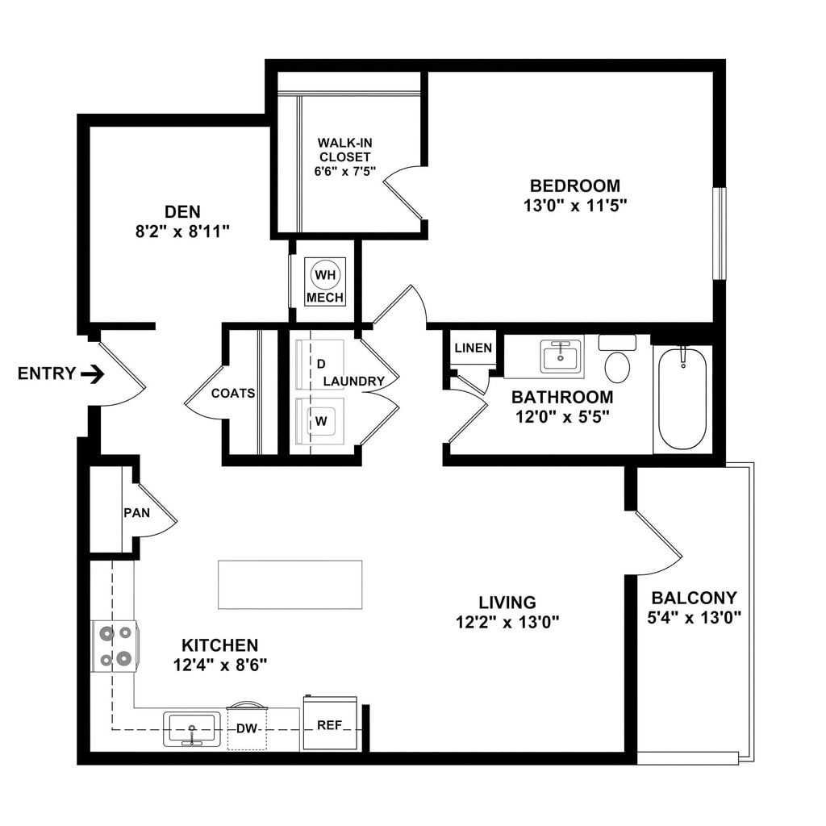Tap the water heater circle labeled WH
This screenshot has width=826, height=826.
pyautogui.click(x=325, y=275)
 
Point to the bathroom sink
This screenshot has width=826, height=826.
pyautogui.click(x=561, y=356)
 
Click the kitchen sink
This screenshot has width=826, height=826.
pyautogui.click(x=192, y=728)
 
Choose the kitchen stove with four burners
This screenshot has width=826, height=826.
pyautogui.click(x=115, y=646)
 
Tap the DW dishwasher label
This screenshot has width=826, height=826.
pyautogui.click(x=247, y=728)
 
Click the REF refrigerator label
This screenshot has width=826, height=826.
pyautogui.click(x=329, y=724)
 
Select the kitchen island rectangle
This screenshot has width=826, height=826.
pyautogui.click(x=290, y=584)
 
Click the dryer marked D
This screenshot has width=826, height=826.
pyautogui.click(x=319, y=365)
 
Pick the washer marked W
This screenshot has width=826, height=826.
pyautogui.click(x=319, y=420)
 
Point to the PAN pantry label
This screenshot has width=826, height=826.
pyautogui.click(x=134, y=512)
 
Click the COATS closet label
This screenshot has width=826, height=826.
pyautogui.click(x=233, y=394)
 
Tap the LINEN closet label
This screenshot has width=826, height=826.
pyautogui.click(x=473, y=348)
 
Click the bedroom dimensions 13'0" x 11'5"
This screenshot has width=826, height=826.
pyautogui.click(x=575, y=206)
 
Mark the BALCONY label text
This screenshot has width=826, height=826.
pyautogui.click(x=694, y=598)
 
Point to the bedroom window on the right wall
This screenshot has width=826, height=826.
pyautogui.click(x=719, y=233)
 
